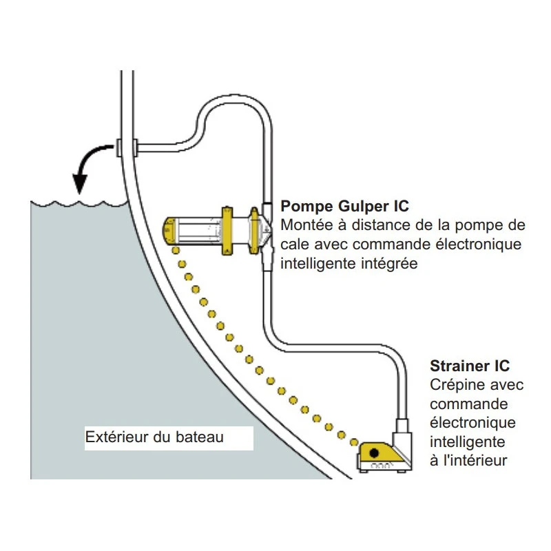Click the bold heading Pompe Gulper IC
[x=344, y=206]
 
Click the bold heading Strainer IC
[x=470, y=366]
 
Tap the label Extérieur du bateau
[x=154, y=437]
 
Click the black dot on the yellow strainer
[x=374, y=453]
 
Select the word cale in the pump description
[x=294, y=245]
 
